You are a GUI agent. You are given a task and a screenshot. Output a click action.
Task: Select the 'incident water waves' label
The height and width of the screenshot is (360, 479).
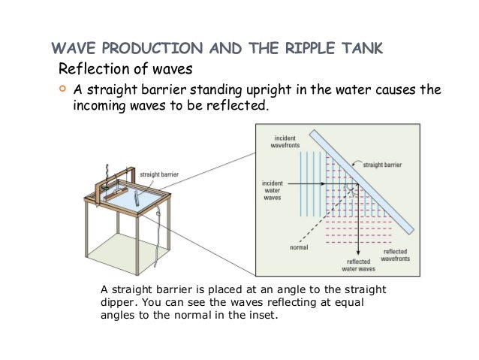coord(273,191)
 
